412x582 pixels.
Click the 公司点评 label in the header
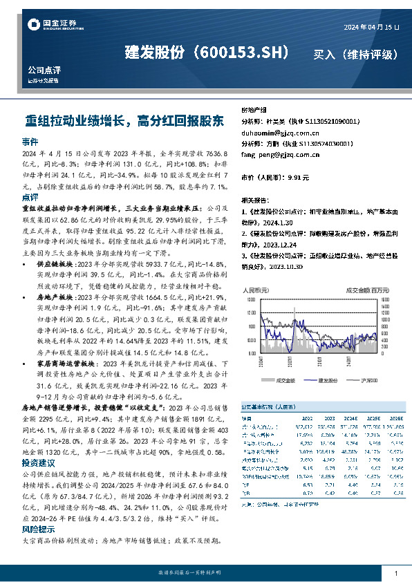44,70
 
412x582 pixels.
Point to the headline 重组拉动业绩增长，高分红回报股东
124,120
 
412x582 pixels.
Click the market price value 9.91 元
295,178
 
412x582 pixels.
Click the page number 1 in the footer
395,574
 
